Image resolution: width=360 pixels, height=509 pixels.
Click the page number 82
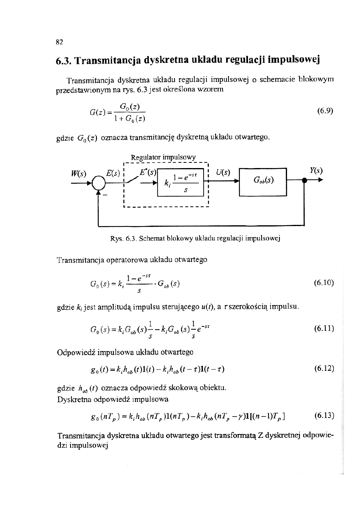tap(59, 42)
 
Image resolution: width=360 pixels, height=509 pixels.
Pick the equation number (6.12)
tap(324, 368)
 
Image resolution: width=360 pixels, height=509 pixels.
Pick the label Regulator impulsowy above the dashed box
tap(163, 156)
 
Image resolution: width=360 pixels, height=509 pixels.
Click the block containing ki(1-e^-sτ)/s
tap(181, 183)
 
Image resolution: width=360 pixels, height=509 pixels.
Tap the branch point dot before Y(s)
tap(304, 182)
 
